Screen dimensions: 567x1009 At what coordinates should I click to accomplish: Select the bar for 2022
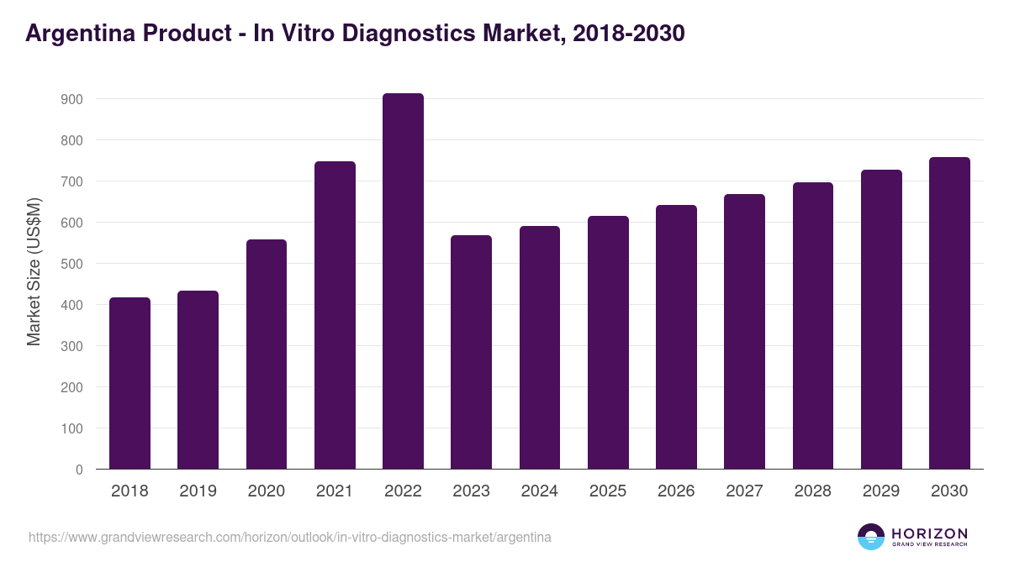click(x=403, y=281)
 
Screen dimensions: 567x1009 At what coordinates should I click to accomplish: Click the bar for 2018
click(x=129, y=383)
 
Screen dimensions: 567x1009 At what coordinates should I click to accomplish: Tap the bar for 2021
click(x=335, y=315)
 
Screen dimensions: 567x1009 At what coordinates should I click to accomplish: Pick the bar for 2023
click(x=471, y=352)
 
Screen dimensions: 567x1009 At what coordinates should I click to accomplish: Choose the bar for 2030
click(x=949, y=312)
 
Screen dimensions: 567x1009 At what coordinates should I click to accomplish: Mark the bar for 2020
click(x=267, y=354)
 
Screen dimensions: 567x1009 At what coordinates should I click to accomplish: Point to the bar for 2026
click(x=676, y=337)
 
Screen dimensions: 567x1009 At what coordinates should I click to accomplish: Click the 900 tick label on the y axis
click(x=72, y=99)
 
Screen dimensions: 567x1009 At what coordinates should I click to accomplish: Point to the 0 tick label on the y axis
click(x=80, y=470)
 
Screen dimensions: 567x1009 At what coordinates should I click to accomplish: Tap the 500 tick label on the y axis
click(x=72, y=264)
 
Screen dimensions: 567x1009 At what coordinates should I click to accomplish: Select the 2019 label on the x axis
click(x=198, y=491)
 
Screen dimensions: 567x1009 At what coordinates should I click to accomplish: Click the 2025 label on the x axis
click(x=608, y=491)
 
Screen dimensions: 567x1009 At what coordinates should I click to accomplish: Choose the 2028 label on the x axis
click(x=813, y=491)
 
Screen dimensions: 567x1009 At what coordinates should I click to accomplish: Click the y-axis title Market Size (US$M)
click(x=34, y=271)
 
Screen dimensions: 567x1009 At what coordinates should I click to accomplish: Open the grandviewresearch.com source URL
click(x=290, y=537)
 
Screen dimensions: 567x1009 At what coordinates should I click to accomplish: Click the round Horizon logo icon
click(x=871, y=537)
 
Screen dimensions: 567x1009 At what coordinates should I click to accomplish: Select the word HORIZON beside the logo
click(x=929, y=533)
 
